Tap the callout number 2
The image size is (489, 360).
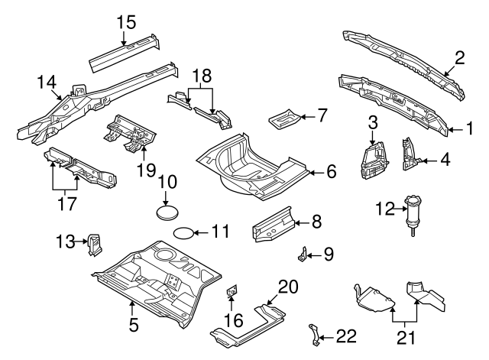[x=460, y=57]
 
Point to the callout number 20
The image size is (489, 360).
[x=287, y=287]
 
